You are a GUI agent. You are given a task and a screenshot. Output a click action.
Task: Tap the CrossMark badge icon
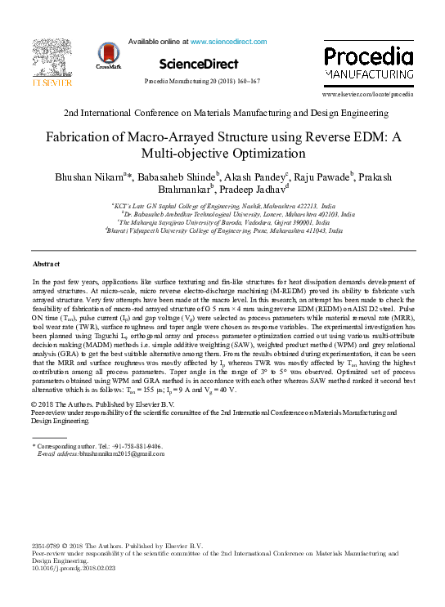point(110,55)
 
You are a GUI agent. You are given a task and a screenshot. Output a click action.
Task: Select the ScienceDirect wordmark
point(199,64)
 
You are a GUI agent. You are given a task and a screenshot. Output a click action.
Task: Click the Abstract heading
point(49,264)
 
